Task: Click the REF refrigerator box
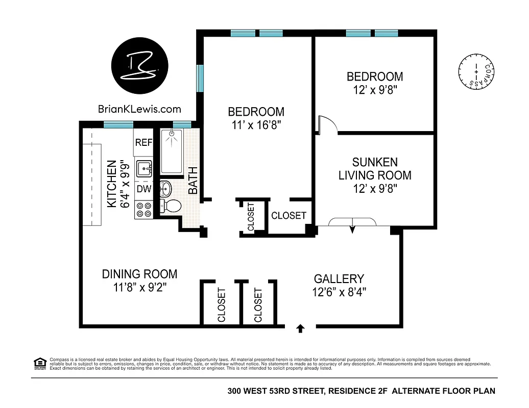[143, 143]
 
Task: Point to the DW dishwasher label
[143, 189]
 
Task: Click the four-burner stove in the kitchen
[144, 210]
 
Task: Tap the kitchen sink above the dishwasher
[144, 167]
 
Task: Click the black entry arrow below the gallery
[300, 329]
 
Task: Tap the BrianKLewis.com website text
[139, 109]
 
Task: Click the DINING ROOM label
[140, 274]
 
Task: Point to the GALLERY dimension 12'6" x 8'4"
[340, 292]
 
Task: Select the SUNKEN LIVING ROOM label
[375, 169]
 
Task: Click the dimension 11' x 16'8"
[256, 124]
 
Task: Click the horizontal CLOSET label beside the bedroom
[288, 216]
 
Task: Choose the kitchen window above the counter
[118, 124]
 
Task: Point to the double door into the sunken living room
[352, 222]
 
